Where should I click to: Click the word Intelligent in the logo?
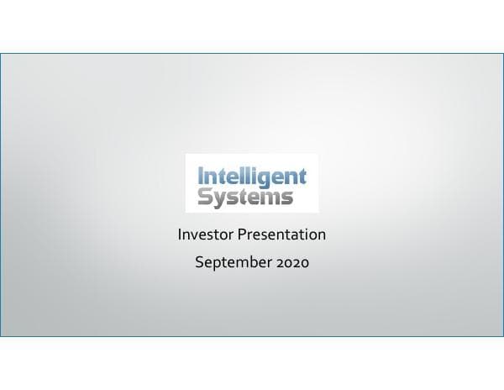252,177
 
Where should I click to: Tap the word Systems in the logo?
245,198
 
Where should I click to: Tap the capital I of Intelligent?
200,177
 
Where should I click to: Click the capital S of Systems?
204,198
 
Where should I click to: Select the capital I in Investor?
180,235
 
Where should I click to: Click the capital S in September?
198,262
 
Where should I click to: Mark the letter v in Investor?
196,235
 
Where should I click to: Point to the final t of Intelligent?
302,177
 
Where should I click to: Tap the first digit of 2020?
279,262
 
